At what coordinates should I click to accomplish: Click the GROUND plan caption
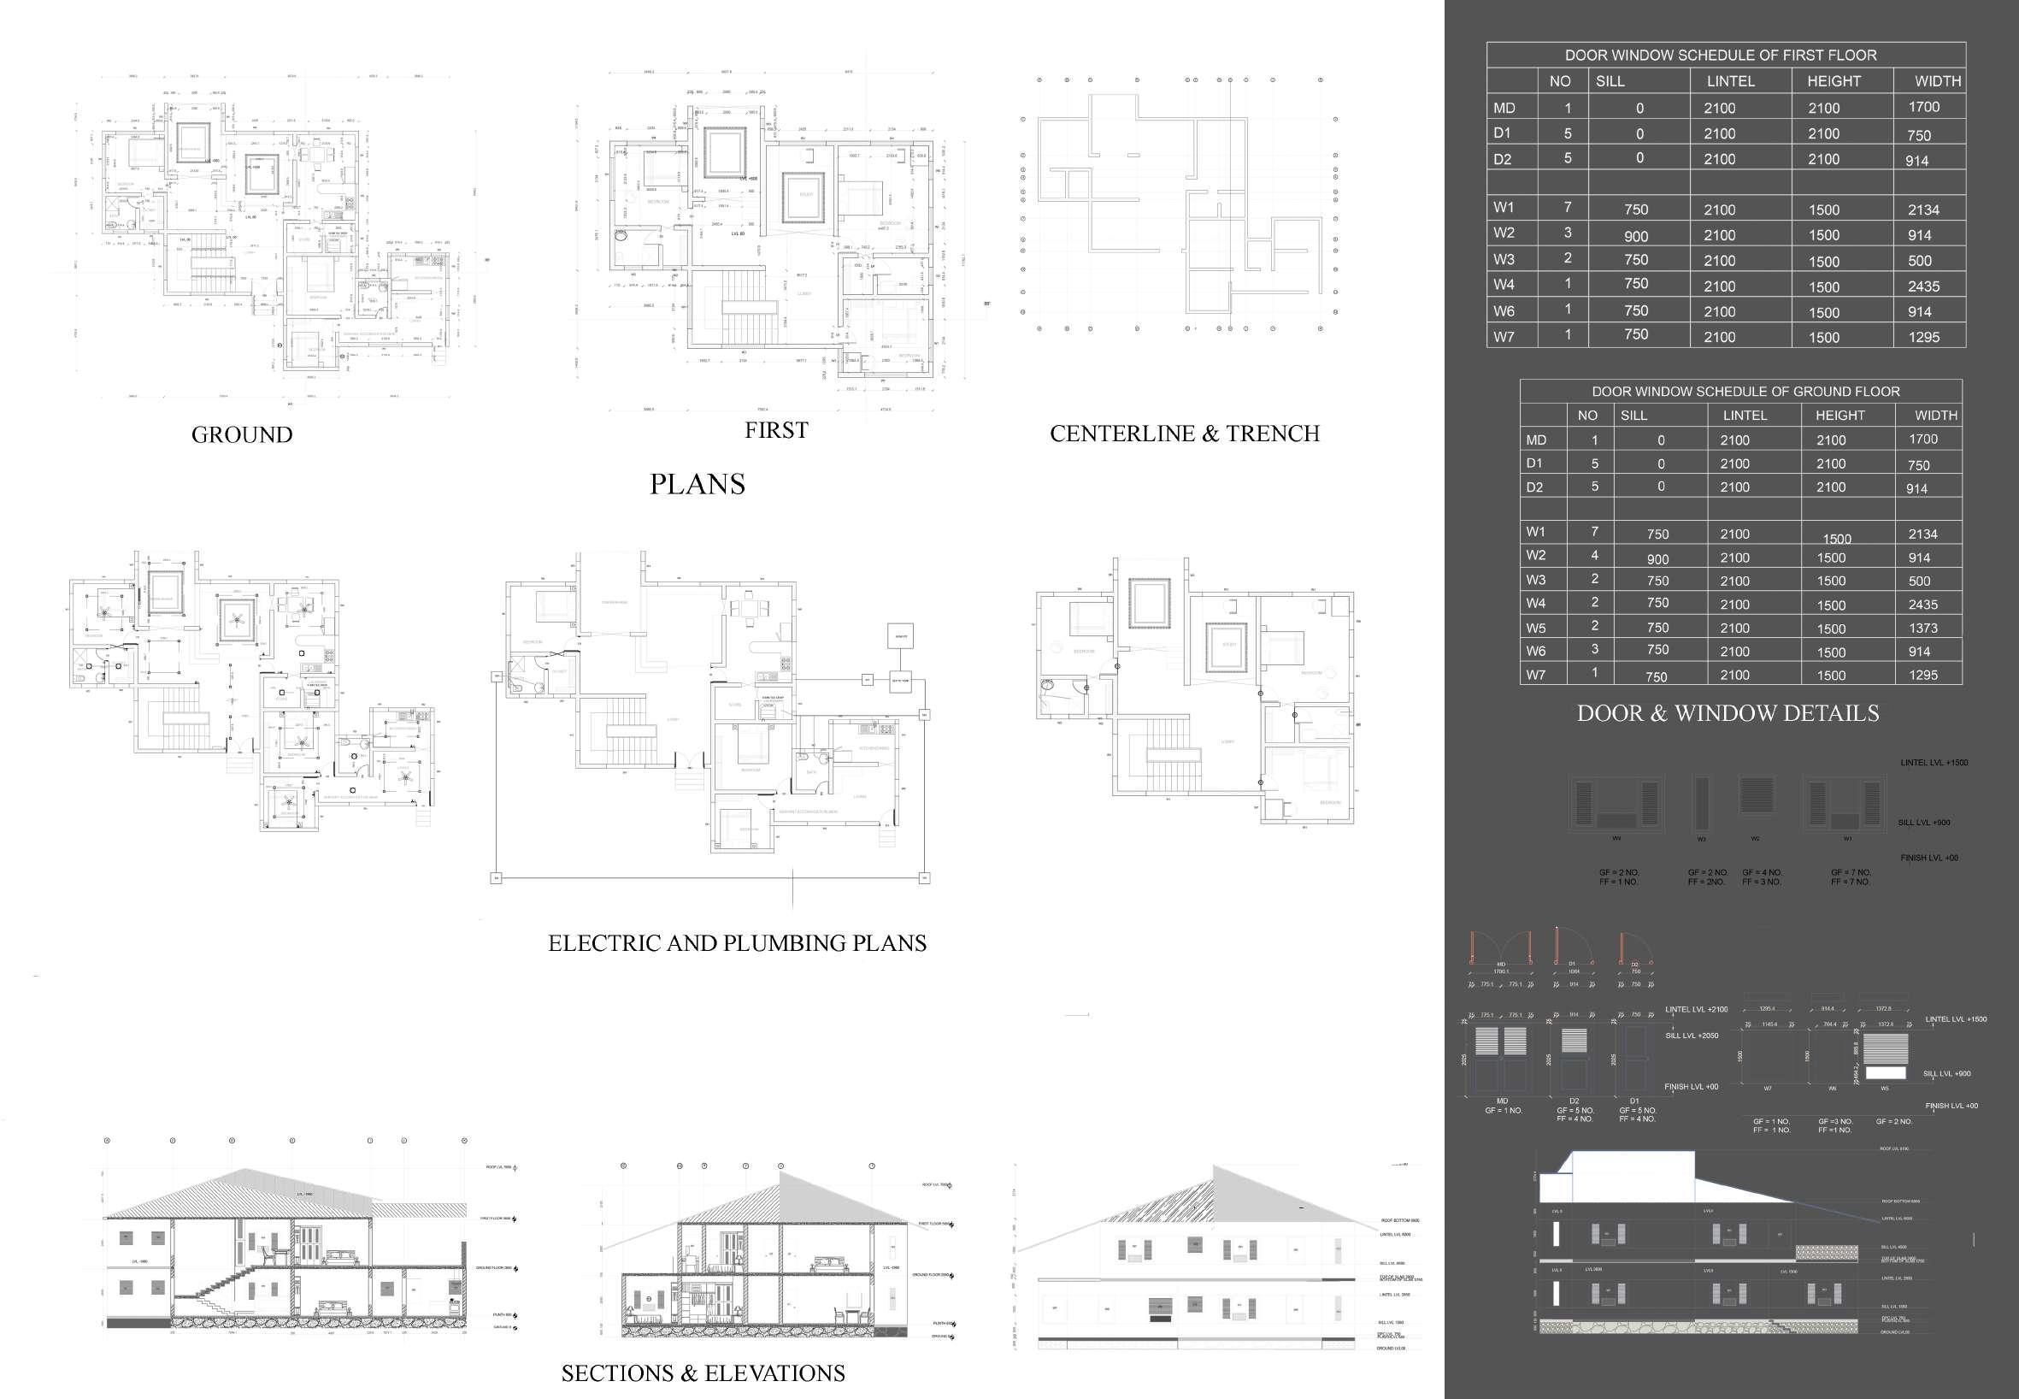242,434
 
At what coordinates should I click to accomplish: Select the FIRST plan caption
776,430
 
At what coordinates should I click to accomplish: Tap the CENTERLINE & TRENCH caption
1184,434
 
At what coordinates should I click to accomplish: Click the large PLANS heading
697,484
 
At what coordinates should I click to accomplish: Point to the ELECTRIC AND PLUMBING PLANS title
737,943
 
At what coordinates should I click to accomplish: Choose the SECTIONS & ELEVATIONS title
703,1372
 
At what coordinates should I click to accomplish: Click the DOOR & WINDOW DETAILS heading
1728,713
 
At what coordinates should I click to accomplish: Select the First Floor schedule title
1720,56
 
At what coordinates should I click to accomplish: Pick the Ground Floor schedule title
1745,392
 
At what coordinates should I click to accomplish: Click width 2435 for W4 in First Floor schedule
1923,286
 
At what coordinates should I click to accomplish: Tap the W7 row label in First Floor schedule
1504,337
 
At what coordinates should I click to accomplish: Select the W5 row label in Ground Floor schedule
1535,629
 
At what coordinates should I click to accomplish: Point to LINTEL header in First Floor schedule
1730,81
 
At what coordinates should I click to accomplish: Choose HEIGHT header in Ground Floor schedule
1839,416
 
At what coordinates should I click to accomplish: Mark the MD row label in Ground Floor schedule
1535,440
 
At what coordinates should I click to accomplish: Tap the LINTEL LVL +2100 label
1697,1010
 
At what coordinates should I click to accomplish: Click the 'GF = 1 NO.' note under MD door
1503,1111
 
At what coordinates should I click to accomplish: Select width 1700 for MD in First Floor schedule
1923,107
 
